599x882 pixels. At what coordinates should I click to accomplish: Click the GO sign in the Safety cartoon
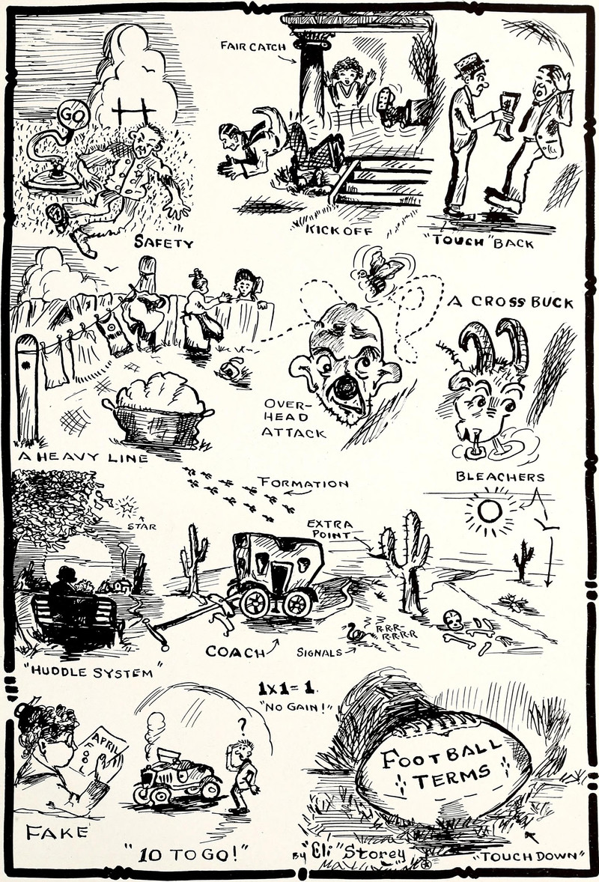coord(73,117)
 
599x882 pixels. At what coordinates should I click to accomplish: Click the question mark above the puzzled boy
coord(243,726)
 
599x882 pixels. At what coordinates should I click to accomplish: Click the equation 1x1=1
coord(286,688)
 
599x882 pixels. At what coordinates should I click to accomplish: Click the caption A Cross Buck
coord(510,302)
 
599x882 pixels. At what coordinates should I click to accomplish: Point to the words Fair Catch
coord(253,46)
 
